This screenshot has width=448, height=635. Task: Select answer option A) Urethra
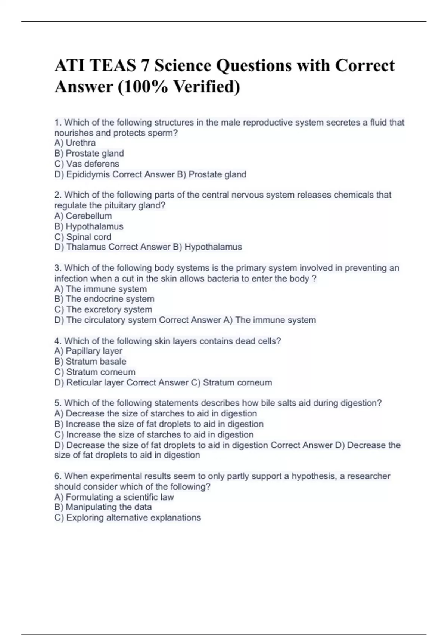[x=75, y=143]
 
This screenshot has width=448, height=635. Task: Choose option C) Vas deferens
[x=87, y=164]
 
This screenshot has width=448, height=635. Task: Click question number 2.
[x=58, y=195]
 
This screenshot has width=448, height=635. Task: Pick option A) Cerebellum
[x=83, y=216]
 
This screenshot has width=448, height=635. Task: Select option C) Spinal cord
[x=83, y=237]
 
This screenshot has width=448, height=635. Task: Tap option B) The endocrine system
[x=104, y=299]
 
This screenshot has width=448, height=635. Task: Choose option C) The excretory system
[x=103, y=309]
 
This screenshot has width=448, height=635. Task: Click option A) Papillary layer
[x=88, y=351]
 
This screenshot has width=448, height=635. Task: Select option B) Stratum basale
[x=90, y=361]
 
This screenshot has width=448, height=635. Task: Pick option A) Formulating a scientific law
[x=114, y=497]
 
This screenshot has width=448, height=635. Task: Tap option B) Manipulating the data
[x=103, y=507]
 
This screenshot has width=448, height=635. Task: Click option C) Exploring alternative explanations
[x=127, y=517]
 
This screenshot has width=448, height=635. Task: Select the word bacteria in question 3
[x=223, y=278]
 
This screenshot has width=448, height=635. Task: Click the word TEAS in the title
[x=113, y=66]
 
